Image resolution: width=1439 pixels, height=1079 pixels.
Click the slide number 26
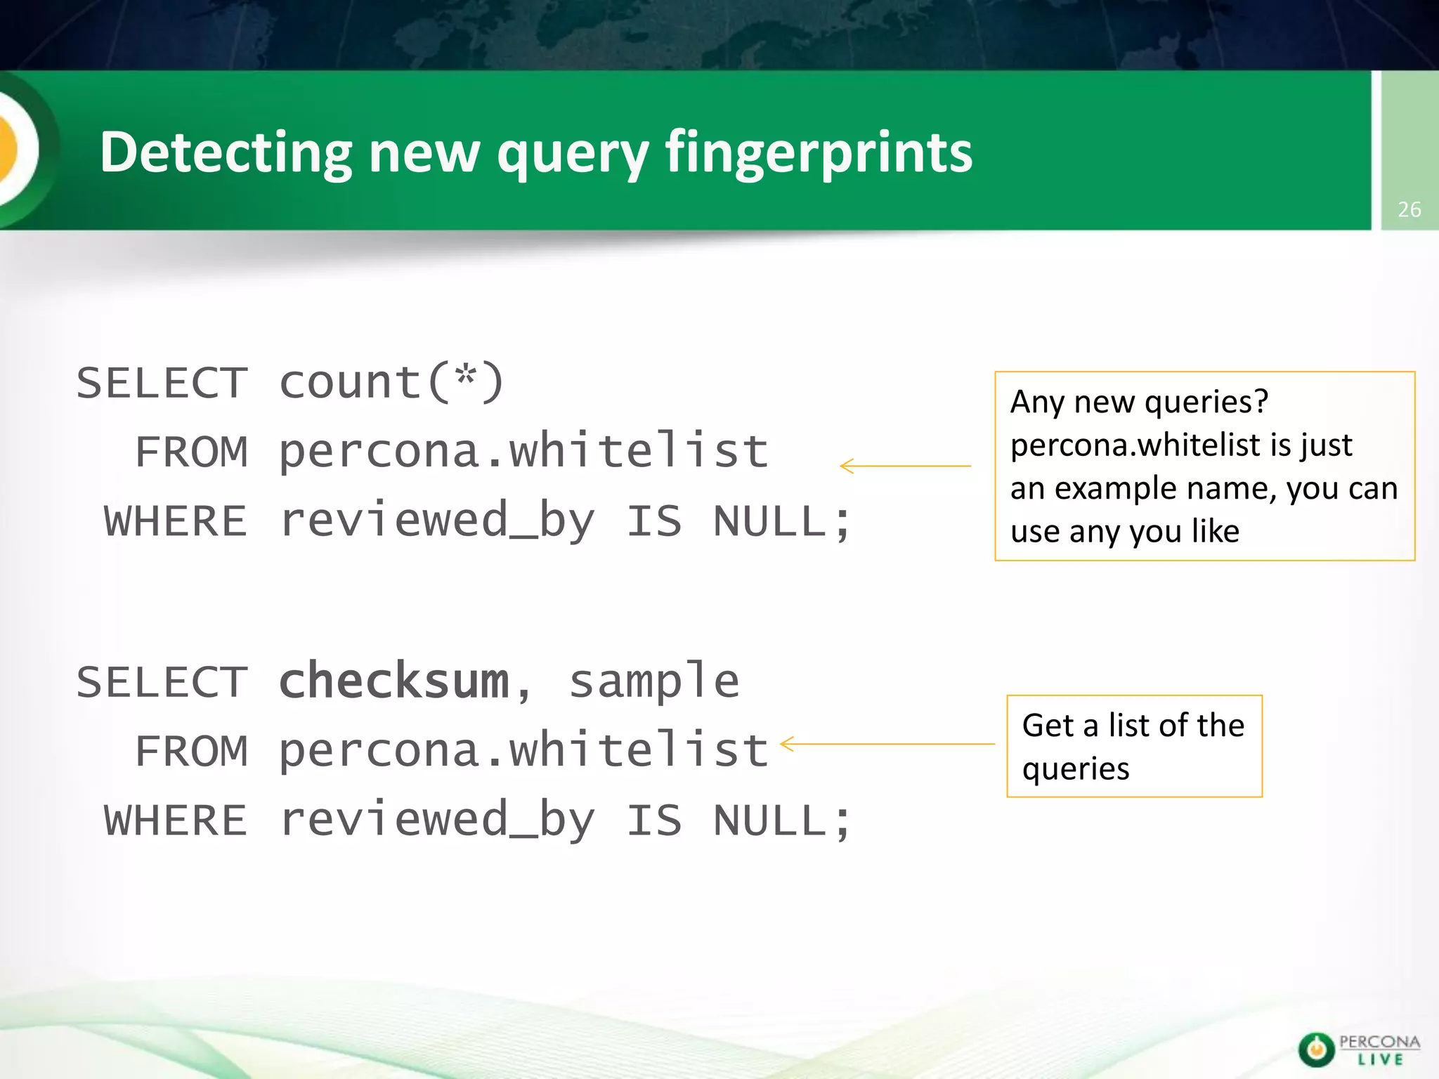[x=1409, y=209]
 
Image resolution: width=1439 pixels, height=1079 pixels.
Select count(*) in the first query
[x=391, y=383]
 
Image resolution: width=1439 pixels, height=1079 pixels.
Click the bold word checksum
[x=393, y=681]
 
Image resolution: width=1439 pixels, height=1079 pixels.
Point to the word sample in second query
[x=654, y=681]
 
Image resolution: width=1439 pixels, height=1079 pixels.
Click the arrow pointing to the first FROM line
[x=905, y=466]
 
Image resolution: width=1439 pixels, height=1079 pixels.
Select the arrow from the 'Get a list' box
[x=887, y=744]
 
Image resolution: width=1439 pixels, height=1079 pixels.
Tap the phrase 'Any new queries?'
[x=1139, y=402]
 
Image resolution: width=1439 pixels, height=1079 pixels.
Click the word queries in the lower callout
[x=1076, y=769]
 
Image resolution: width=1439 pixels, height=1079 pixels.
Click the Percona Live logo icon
[x=1316, y=1049]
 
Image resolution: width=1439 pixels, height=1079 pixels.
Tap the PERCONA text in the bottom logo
[x=1379, y=1042]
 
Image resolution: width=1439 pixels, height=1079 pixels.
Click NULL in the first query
[x=769, y=522]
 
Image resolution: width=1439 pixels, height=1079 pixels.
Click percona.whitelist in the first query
[x=523, y=452]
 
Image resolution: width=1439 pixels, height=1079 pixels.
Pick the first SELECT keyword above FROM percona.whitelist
[x=162, y=384]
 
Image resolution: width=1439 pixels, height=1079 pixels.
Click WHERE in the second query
[x=176, y=820]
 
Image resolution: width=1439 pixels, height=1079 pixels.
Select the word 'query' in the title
[x=573, y=153]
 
